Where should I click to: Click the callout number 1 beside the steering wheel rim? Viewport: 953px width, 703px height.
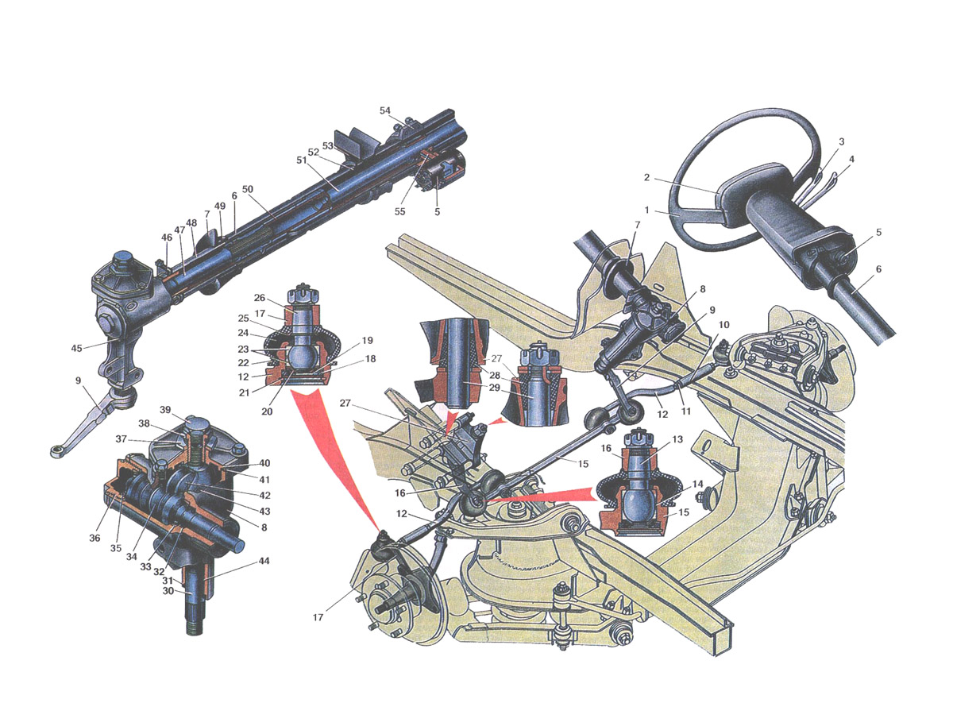[x=646, y=210]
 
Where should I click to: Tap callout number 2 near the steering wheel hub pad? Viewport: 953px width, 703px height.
[x=646, y=177]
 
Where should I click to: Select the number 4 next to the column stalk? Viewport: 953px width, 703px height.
[x=851, y=159]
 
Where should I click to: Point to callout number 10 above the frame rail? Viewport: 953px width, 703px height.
[x=723, y=325]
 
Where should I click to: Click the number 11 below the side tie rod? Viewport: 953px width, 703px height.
[x=685, y=411]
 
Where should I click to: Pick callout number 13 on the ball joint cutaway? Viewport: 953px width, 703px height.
[x=677, y=438]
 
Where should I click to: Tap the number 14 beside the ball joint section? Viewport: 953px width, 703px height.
[x=697, y=484]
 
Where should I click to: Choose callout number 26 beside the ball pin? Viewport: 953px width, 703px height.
[x=260, y=298]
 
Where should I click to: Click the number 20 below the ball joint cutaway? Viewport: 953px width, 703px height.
[x=267, y=411]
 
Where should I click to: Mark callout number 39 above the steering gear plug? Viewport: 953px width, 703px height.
[x=165, y=409]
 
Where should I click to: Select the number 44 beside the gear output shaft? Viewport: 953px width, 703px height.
[x=264, y=561]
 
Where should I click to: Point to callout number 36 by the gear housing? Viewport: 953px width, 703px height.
[x=95, y=538]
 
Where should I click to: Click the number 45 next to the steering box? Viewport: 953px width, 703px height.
[x=76, y=348]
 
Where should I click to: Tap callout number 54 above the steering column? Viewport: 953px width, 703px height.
[x=384, y=110]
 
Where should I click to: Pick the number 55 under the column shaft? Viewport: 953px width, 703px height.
[x=399, y=211]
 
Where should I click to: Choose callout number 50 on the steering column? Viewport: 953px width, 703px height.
[x=248, y=188]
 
